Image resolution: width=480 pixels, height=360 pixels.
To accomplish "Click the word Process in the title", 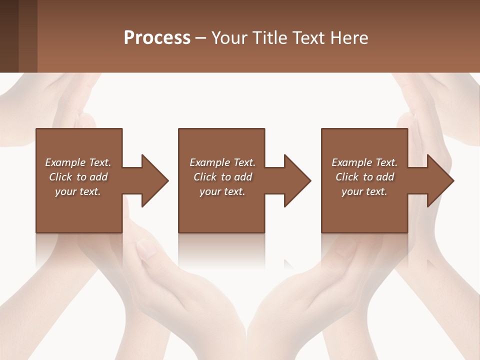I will [x=157, y=38].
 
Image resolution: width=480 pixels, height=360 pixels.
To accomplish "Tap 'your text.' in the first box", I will [x=78, y=191].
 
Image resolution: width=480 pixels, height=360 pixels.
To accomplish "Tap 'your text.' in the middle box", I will [x=222, y=191].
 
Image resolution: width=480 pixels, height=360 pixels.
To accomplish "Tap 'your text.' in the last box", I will [x=364, y=191].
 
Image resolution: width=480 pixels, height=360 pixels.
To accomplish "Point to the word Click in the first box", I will [x=60, y=177].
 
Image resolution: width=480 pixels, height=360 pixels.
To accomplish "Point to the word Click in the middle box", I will [x=205, y=177].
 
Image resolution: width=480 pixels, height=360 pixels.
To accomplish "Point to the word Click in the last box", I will [x=347, y=177].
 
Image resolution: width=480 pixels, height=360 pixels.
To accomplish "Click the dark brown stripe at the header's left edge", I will [x=9, y=36].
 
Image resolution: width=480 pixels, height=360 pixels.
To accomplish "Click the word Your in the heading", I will [x=229, y=38].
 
